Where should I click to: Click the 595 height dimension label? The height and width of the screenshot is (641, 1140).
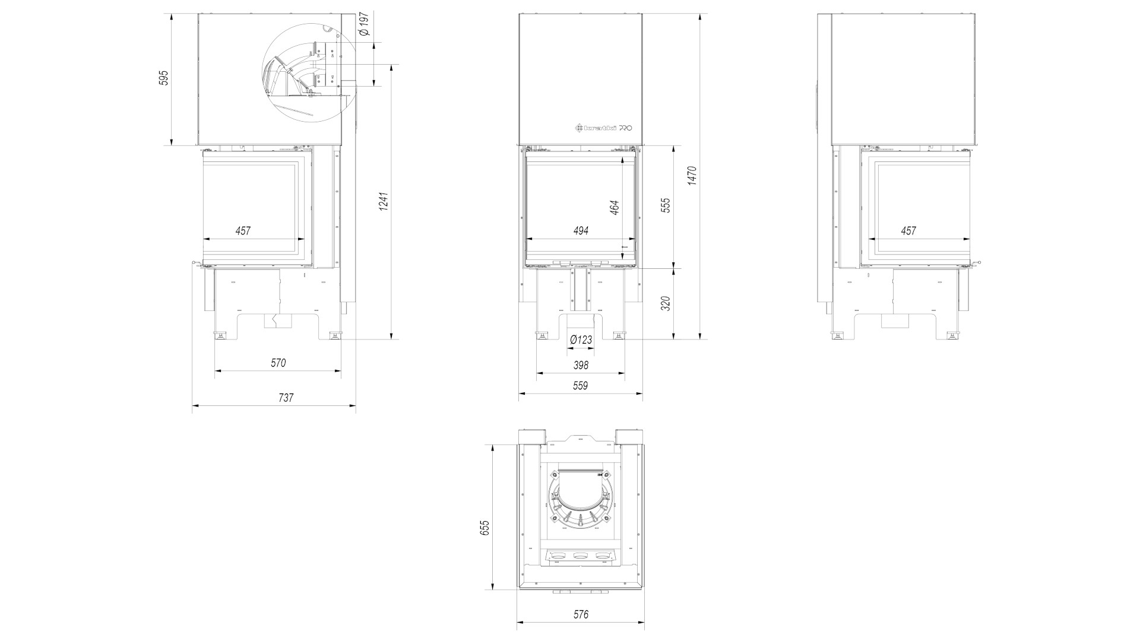[164, 78]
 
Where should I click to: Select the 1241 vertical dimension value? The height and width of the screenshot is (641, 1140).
[384, 202]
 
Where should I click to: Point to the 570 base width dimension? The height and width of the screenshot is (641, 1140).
[278, 363]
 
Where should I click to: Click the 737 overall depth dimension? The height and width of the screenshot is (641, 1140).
[286, 398]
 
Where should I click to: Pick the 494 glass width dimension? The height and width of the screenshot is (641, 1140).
[581, 231]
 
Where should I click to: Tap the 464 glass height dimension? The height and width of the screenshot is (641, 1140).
[615, 207]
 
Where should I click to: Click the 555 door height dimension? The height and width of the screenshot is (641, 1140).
[666, 205]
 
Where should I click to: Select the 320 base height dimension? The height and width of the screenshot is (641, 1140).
[666, 303]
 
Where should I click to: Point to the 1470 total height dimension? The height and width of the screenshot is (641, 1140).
[692, 176]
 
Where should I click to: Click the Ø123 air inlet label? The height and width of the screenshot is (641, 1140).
[581, 340]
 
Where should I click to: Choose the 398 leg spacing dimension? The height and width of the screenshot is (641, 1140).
[581, 365]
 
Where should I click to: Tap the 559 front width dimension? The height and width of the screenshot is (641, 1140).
[580, 386]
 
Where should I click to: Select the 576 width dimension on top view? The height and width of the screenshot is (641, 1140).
[581, 614]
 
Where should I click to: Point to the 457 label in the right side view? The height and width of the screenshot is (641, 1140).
[908, 231]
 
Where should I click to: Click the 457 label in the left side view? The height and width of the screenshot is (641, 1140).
[243, 231]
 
